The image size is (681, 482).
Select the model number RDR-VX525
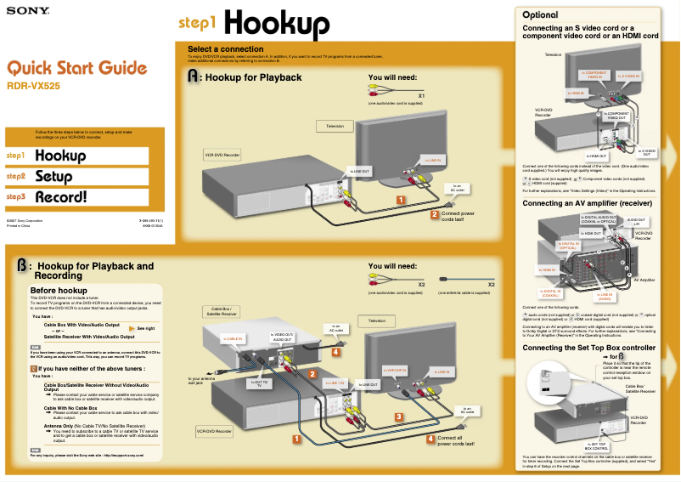coord(33,86)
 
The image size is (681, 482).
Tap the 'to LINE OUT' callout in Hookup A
coord(360,171)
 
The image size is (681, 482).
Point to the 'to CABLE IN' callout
coord(233,339)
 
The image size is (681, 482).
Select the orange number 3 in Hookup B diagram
coord(398,417)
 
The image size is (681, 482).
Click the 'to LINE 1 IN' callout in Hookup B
coord(335,383)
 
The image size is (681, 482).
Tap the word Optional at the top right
coord(540,15)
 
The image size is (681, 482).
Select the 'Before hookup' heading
coord(59,291)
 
